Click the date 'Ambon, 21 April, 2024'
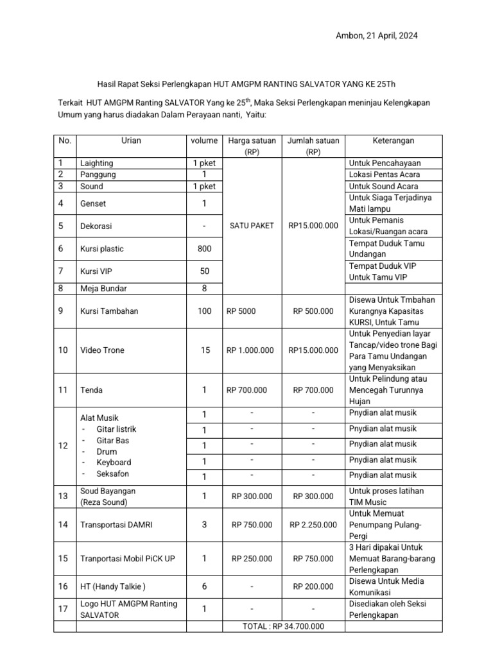[x=377, y=36]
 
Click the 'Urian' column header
[x=131, y=141]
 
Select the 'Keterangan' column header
[x=394, y=141]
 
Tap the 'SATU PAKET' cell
[x=251, y=225]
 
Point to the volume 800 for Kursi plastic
[x=203, y=248]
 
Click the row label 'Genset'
[x=93, y=203]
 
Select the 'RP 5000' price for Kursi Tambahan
[x=241, y=311]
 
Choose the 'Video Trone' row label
[x=102, y=350]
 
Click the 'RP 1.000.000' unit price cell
[x=250, y=350]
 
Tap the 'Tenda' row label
[x=92, y=389]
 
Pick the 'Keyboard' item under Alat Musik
[x=114, y=462]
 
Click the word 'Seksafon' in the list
[x=112, y=474]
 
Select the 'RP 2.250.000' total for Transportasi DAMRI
[x=313, y=524]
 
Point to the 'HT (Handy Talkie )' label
[x=112, y=586]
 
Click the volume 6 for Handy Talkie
[x=203, y=586]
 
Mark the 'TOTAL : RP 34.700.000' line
[x=283, y=626]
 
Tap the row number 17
[x=63, y=608]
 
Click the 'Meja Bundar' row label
[x=101, y=288]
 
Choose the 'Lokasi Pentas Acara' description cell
[x=384, y=175]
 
